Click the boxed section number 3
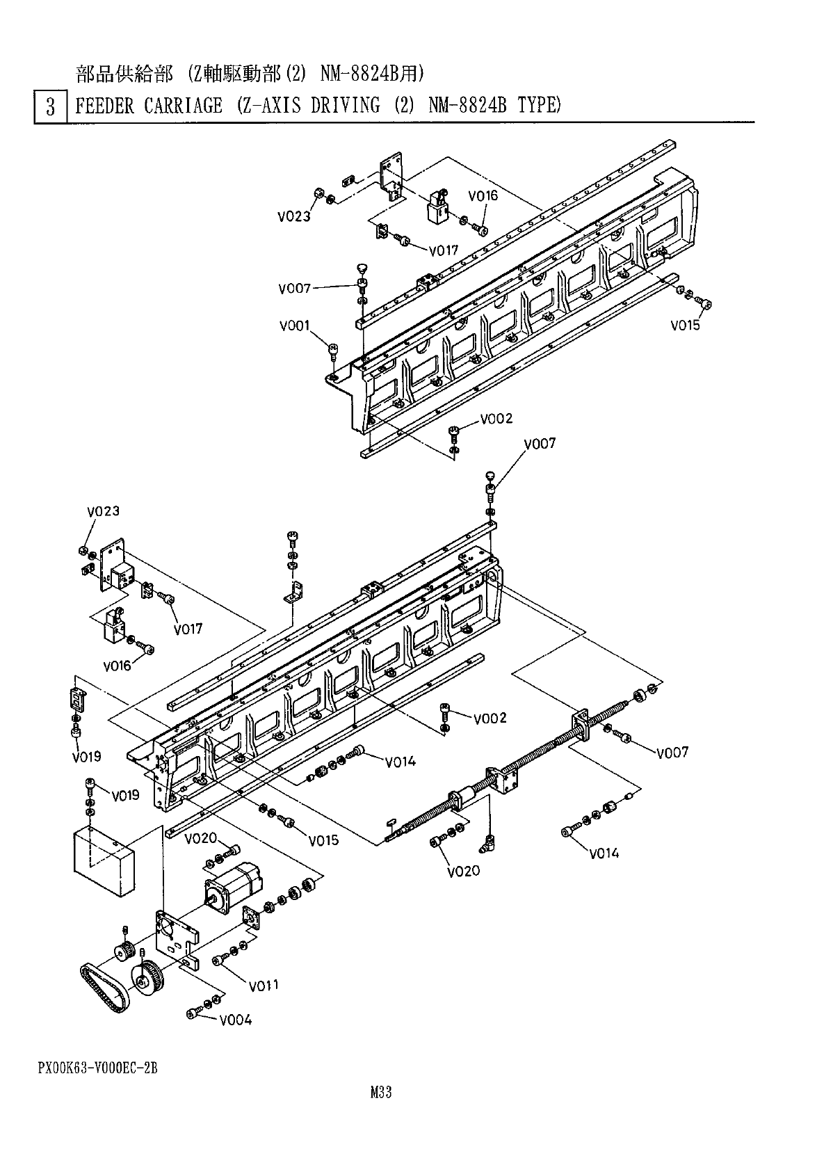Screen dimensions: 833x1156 pyautogui.click(x=51, y=107)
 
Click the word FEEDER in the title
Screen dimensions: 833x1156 pyautogui.click(x=105, y=106)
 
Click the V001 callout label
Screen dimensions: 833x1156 pyautogui.click(x=295, y=326)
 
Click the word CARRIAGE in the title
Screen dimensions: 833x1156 pyautogui.click(x=183, y=106)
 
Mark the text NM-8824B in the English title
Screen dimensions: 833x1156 pyautogui.click(x=467, y=106)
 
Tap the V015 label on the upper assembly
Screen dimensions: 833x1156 pyautogui.click(x=686, y=325)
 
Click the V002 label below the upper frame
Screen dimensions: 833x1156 pyautogui.click(x=496, y=419)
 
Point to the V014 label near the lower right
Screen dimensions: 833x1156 pyautogui.click(x=604, y=853)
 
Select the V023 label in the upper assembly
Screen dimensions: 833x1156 pyautogui.click(x=294, y=216)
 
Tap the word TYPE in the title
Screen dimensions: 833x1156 pyautogui.click(x=540, y=106)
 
